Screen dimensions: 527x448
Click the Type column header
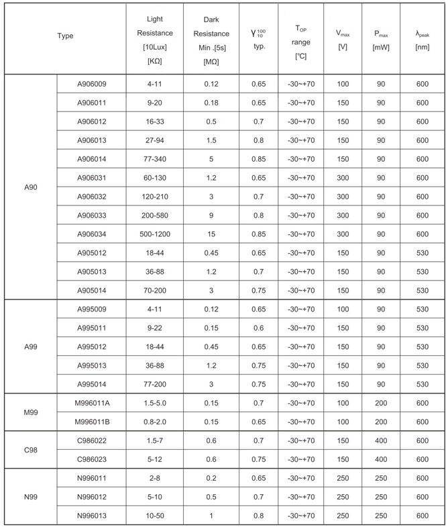pyautogui.click(x=65, y=36)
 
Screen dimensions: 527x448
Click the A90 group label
pyautogui.click(x=30, y=187)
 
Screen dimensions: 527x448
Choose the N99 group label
pyautogui.click(x=30, y=496)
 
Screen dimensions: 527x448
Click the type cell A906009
pyautogui.click(x=91, y=84)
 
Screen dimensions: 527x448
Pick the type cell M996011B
pyautogui.click(x=91, y=420)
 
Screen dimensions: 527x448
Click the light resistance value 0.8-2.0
pyautogui.click(x=158, y=420)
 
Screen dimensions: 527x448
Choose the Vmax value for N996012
pyautogui.click(x=343, y=496)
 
